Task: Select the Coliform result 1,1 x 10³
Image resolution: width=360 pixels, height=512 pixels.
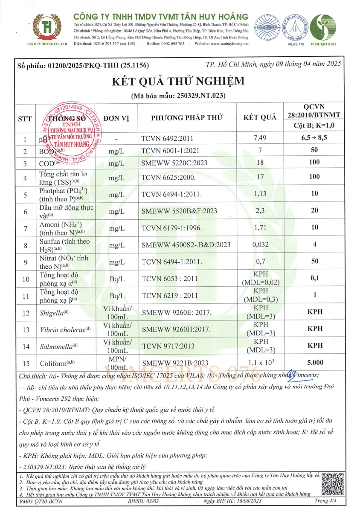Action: (x=259, y=362)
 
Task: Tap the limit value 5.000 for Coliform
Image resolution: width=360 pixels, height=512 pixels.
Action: (x=315, y=362)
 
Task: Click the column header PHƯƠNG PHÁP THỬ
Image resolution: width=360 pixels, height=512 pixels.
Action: (x=187, y=118)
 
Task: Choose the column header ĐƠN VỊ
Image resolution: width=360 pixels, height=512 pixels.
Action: (x=116, y=118)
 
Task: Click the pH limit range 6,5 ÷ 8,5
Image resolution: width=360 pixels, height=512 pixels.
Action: (x=315, y=138)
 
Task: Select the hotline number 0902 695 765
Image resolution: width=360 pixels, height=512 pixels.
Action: (x=171, y=44)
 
